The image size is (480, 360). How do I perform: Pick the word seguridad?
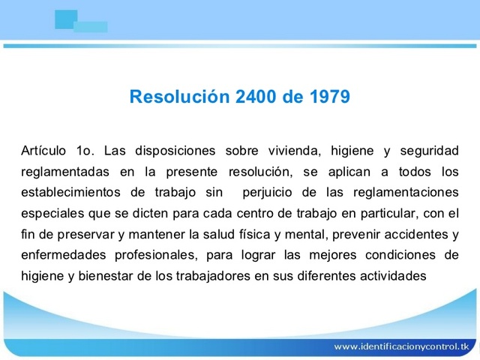(x=425, y=149)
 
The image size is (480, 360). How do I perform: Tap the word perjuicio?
(x=272, y=191)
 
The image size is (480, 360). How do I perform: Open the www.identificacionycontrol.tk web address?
(x=400, y=346)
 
